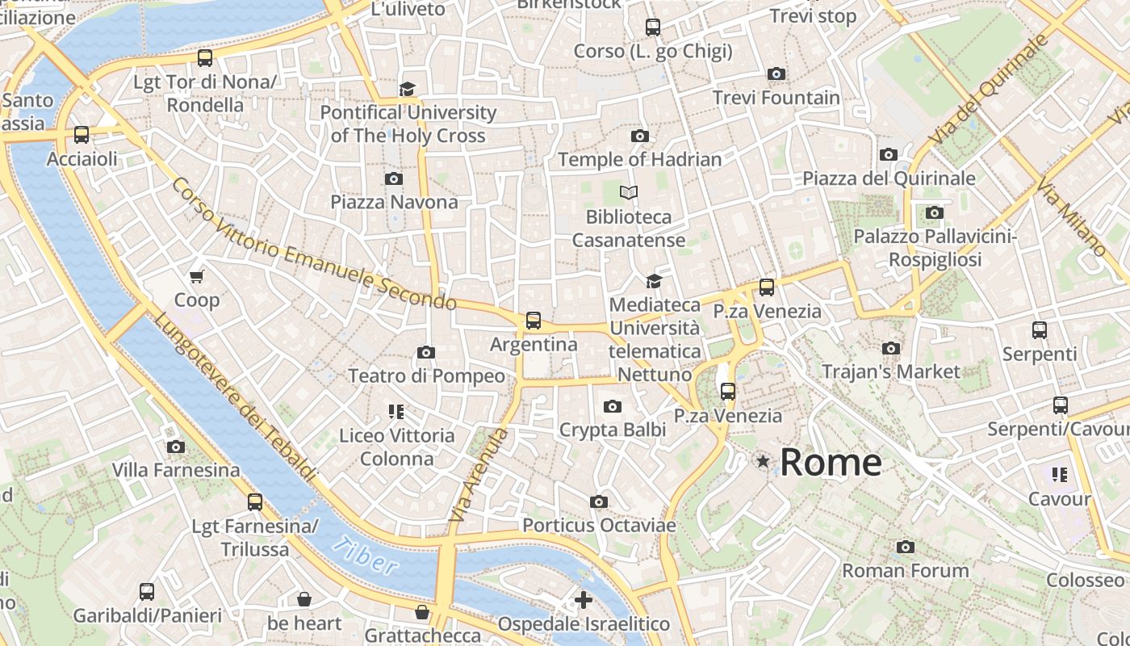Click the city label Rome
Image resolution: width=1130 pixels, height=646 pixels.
pyautogui.click(x=831, y=463)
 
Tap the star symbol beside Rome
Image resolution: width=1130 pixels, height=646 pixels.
pyautogui.click(x=762, y=461)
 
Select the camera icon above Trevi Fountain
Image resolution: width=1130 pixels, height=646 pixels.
pyautogui.click(x=776, y=74)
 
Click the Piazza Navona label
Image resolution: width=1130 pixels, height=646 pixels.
pyautogui.click(x=394, y=202)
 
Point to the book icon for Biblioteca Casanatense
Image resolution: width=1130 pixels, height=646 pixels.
pyautogui.click(x=628, y=192)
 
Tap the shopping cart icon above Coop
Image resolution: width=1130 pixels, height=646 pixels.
pyautogui.click(x=196, y=277)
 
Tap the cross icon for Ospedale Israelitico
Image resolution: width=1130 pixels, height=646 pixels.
pyautogui.click(x=583, y=600)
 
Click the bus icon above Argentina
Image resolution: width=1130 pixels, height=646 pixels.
pyautogui.click(x=533, y=321)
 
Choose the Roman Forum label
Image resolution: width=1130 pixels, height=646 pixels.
pyautogui.click(x=905, y=571)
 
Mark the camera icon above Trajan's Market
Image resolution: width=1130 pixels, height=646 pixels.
pyautogui.click(x=890, y=348)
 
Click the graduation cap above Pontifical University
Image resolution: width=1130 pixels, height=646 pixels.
pyautogui.click(x=408, y=88)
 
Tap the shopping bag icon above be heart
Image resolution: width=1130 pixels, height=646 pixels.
pyautogui.click(x=304, y=599)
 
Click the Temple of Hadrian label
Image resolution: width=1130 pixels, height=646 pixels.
pyautogui.click(x=639, y=160)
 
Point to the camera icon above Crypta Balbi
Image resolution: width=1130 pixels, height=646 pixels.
pyautogui.click(x=613, y=406)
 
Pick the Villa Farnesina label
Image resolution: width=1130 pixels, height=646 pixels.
pyautogui.click(x=175, y=470)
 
